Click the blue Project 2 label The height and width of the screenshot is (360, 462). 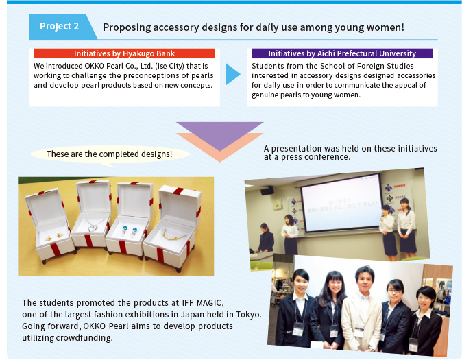point(60,27)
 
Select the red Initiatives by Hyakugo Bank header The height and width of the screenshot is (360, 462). point(124,53)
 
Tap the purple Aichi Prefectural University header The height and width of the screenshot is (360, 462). point(342,53)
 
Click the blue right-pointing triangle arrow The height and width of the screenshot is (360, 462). point(233,74)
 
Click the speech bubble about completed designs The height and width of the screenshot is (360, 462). point(110,154)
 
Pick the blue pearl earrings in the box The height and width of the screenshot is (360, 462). point(129,230)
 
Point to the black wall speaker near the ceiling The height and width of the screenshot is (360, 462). point(267,191)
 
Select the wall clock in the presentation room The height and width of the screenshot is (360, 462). point(277,204)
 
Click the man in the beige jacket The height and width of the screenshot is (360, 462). point(363,308)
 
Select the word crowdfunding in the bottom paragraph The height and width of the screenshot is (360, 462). point(84,337)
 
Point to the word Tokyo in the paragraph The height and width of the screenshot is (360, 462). point(248,314)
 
